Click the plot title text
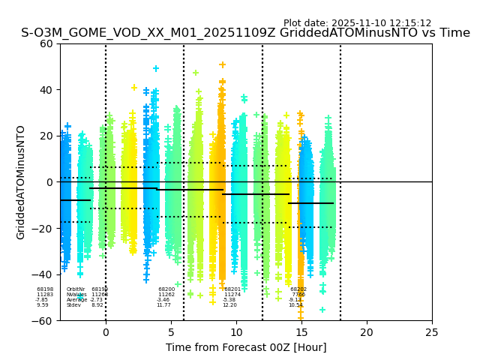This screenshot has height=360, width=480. (x=245, y=33)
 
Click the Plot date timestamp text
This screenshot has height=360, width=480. (x=357, y=23)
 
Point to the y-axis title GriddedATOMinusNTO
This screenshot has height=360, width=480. (x=21, y=182)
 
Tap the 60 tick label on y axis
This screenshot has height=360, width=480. (x=46, y=43)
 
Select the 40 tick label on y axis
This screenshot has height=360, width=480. (x=46, y=90)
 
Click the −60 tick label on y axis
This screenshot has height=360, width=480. (x=43, y=321)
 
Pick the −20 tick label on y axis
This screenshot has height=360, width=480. (x=43, y=229)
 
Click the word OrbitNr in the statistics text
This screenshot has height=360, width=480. (x=75, y=289)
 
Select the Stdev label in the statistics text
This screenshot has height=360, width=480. (x=73, y=305)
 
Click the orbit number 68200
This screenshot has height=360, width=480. (x=166, y=289)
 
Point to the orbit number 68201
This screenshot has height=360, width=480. (x=232, y=289)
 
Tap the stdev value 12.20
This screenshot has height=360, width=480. (x=229, y=305)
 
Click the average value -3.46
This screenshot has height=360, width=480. (x=163, y=300)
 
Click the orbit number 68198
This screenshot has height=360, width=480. (x=45, y=289)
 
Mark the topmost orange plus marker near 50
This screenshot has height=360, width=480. (x=222, y=65)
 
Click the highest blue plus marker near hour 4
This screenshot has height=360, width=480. (x=156, y=68)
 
